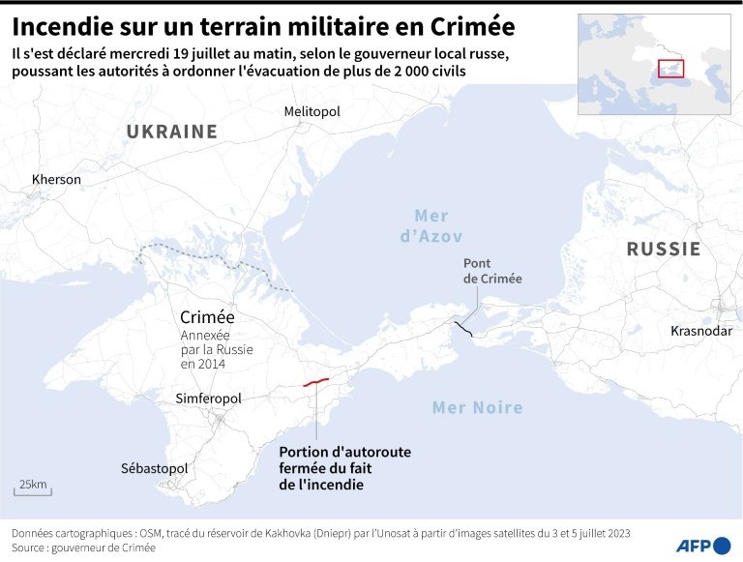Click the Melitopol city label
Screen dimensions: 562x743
click(312, 112)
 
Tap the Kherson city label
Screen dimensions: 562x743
click(56, 179)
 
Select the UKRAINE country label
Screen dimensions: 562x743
click(171, 132)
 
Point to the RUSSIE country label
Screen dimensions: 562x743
click(664, 249)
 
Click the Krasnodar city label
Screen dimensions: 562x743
click(701, 331)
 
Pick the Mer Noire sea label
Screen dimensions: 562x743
click(477, 407)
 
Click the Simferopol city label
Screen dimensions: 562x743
click(209, 399)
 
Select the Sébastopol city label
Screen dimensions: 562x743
click(154, 468)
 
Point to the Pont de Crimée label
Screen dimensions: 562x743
click(492, 271)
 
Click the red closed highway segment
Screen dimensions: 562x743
click(315, 382)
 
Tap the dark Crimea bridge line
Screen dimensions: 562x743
click(464, 330)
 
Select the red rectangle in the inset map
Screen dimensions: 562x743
click(670, 69)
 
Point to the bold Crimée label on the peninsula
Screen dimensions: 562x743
click(207, 317)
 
